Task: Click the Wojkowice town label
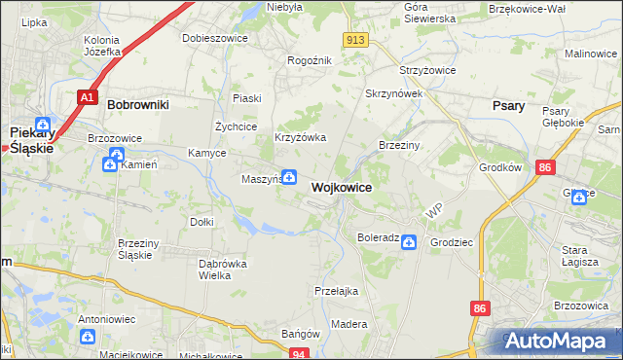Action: pos(341,188)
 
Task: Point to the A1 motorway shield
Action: pos(88,97)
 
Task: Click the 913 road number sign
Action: pos(355,40)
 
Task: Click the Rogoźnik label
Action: pos(310,60)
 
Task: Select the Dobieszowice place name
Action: pos(215,39)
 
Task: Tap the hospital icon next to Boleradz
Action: pos(410,241)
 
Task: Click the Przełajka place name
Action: pos(337,291)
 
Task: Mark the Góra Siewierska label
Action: pos(429,13)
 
